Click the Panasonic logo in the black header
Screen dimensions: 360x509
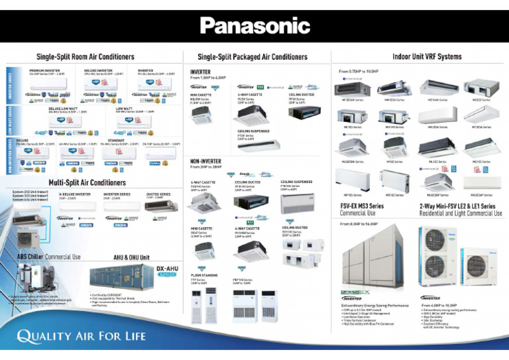(x=254, y=26)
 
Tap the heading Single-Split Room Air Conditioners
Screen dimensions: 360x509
(x=85, y=57)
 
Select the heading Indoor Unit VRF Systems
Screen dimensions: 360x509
(x=427, y=57)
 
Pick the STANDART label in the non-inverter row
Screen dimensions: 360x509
(x=116, y=141)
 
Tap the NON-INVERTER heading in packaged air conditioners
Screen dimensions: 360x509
(x=205, y=161)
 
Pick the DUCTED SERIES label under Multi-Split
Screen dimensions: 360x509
(x=158, y=194)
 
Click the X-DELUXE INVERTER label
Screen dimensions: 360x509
(x=76, y=194)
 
